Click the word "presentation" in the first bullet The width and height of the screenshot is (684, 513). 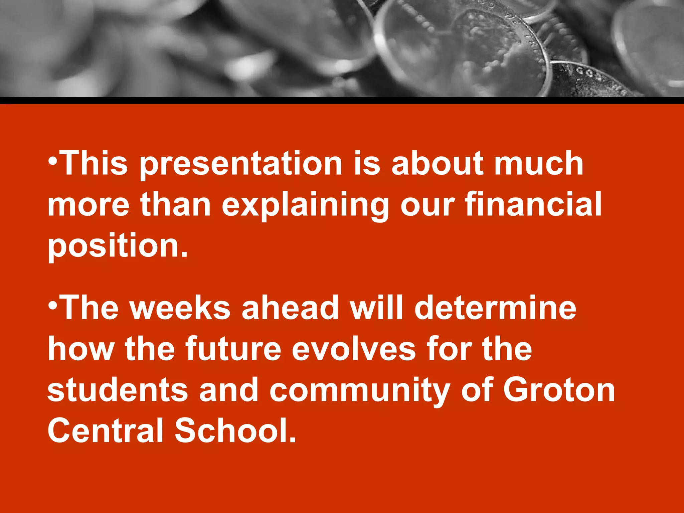tap(241, 164)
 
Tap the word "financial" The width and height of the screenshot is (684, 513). tap(533, 204)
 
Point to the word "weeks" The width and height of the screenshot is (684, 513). tap(180, 308)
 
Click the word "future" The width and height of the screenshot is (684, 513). tap(233, 349)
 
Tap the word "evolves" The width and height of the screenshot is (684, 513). tap(354, 349)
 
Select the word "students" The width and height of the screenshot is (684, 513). tap(118, 390)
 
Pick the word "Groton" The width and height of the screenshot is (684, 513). tap(559, 390)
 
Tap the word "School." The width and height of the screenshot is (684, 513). tap(236, 431)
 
